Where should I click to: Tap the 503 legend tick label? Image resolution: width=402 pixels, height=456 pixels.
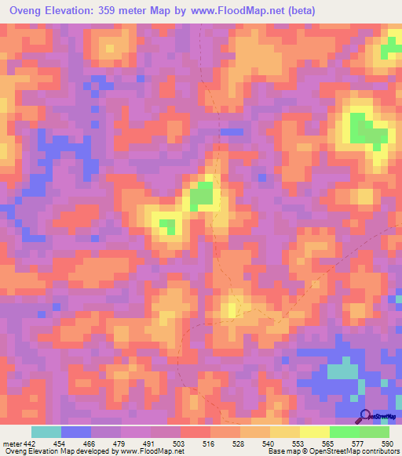[x=180, y=443]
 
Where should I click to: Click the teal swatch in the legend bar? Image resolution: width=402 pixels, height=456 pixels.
[x=46, y=432]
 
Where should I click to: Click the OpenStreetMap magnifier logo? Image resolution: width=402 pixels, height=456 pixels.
[x=364, y=416]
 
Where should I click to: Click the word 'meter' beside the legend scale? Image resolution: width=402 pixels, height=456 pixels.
[x=11, y=443]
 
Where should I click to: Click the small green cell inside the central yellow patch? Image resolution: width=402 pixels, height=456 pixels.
[x=167, y=227]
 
